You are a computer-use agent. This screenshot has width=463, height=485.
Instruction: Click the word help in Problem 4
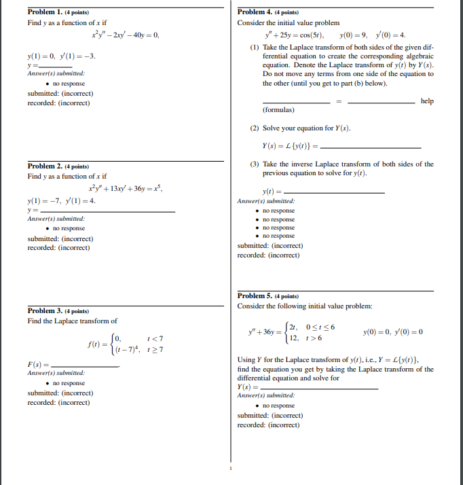(426, 101)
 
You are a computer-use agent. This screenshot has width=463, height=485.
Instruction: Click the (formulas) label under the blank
(278, 109)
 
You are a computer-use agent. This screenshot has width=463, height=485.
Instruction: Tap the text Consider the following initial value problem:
(304, 306)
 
